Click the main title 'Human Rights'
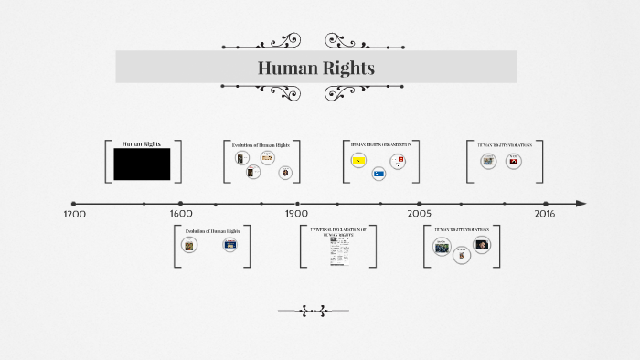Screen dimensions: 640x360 pyautogui.click(x=315, y=68)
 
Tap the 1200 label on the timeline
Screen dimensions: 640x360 pyautogui.click(x=74, y=214)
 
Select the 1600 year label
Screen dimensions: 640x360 pyautogui.click(x=181, y=214)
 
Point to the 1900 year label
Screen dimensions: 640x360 pyautogui.click(x=296, y=214)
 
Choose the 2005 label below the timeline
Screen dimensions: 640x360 pyautogui.click(x=420, y=214)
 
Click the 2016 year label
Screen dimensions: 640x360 pyautogui.click(x=545, y=214)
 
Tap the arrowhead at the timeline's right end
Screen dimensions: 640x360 pyautogui.click(x=581, y=204)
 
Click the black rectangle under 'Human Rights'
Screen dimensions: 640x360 pyautogui.click(x=142, y=164)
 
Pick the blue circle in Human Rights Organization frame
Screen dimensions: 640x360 pyautogui.click(x=379, y=173)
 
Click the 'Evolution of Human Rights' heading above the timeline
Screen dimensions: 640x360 pyautogui.click(x=261, y=144)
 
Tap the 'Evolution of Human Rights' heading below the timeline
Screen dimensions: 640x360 pyautogui.click(x=212, y=231)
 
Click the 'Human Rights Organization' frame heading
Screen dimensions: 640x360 pyautogui.click(x=381, y=144)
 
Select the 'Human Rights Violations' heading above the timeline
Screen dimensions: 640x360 pyautogui.click(x=506, y=144)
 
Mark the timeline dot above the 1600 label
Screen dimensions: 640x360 pyautogui.click(x=181, y=204)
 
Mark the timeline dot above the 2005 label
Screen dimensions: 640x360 pyautogui.click(x=420, y=204)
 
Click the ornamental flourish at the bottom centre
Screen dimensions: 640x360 pyautogui.click(x=315, y=311)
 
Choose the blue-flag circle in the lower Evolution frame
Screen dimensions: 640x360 pyautogui.click(x=229, y=244)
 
